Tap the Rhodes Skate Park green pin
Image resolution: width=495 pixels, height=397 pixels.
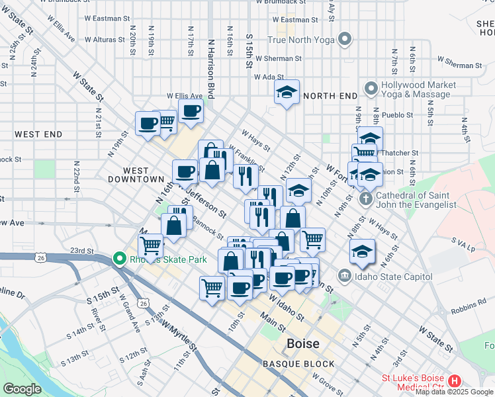(x=119, y=258)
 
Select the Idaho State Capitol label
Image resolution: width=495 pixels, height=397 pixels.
(x=394, y=276)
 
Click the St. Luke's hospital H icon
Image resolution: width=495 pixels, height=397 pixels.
(x=454, y=381)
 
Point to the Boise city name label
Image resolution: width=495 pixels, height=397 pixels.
(x=303, y=344)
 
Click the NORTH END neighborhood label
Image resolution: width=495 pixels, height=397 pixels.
(x=330, y=96)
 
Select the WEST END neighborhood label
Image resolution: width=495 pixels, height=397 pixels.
(x=38, y=134)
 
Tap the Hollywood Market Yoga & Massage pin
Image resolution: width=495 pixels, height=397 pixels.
(x=370, y=87)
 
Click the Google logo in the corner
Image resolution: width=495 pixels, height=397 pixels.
(x=22, y=389)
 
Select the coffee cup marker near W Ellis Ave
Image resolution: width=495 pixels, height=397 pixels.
(x=191, y=111)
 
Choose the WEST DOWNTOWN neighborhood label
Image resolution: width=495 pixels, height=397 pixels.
(x=134, y=175)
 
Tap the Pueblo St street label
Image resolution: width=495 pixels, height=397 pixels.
(x=397, y=114)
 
